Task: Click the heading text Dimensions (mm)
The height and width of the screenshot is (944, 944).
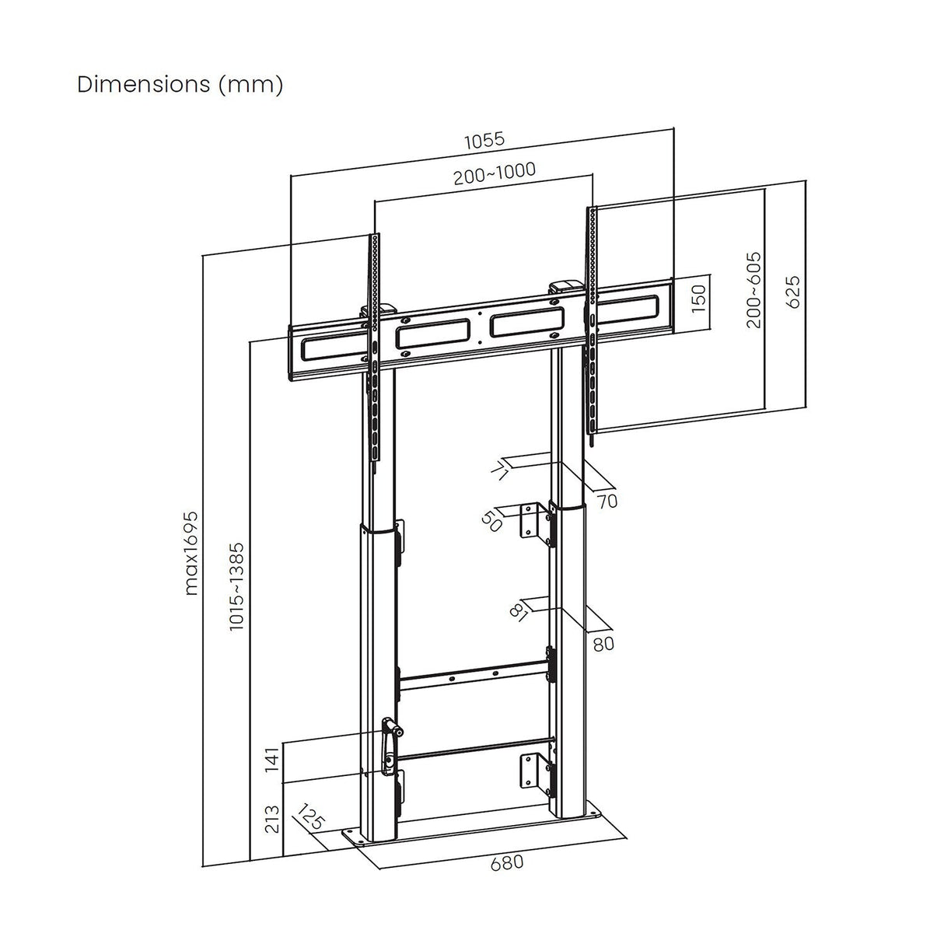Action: [x=180, y=84]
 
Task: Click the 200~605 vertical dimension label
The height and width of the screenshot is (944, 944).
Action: [x=753, y=290]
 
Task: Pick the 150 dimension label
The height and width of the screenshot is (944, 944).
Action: [x=698, y=296]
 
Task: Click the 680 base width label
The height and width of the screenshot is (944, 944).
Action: [x=506, y=862]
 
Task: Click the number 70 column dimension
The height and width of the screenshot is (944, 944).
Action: [x=607, y=502]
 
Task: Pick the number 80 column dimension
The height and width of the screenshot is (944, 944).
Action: [x=603, y=644]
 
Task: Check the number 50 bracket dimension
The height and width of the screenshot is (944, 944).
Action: [x=492, y=520]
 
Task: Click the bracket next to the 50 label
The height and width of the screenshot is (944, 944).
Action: [x=532, y=520]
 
